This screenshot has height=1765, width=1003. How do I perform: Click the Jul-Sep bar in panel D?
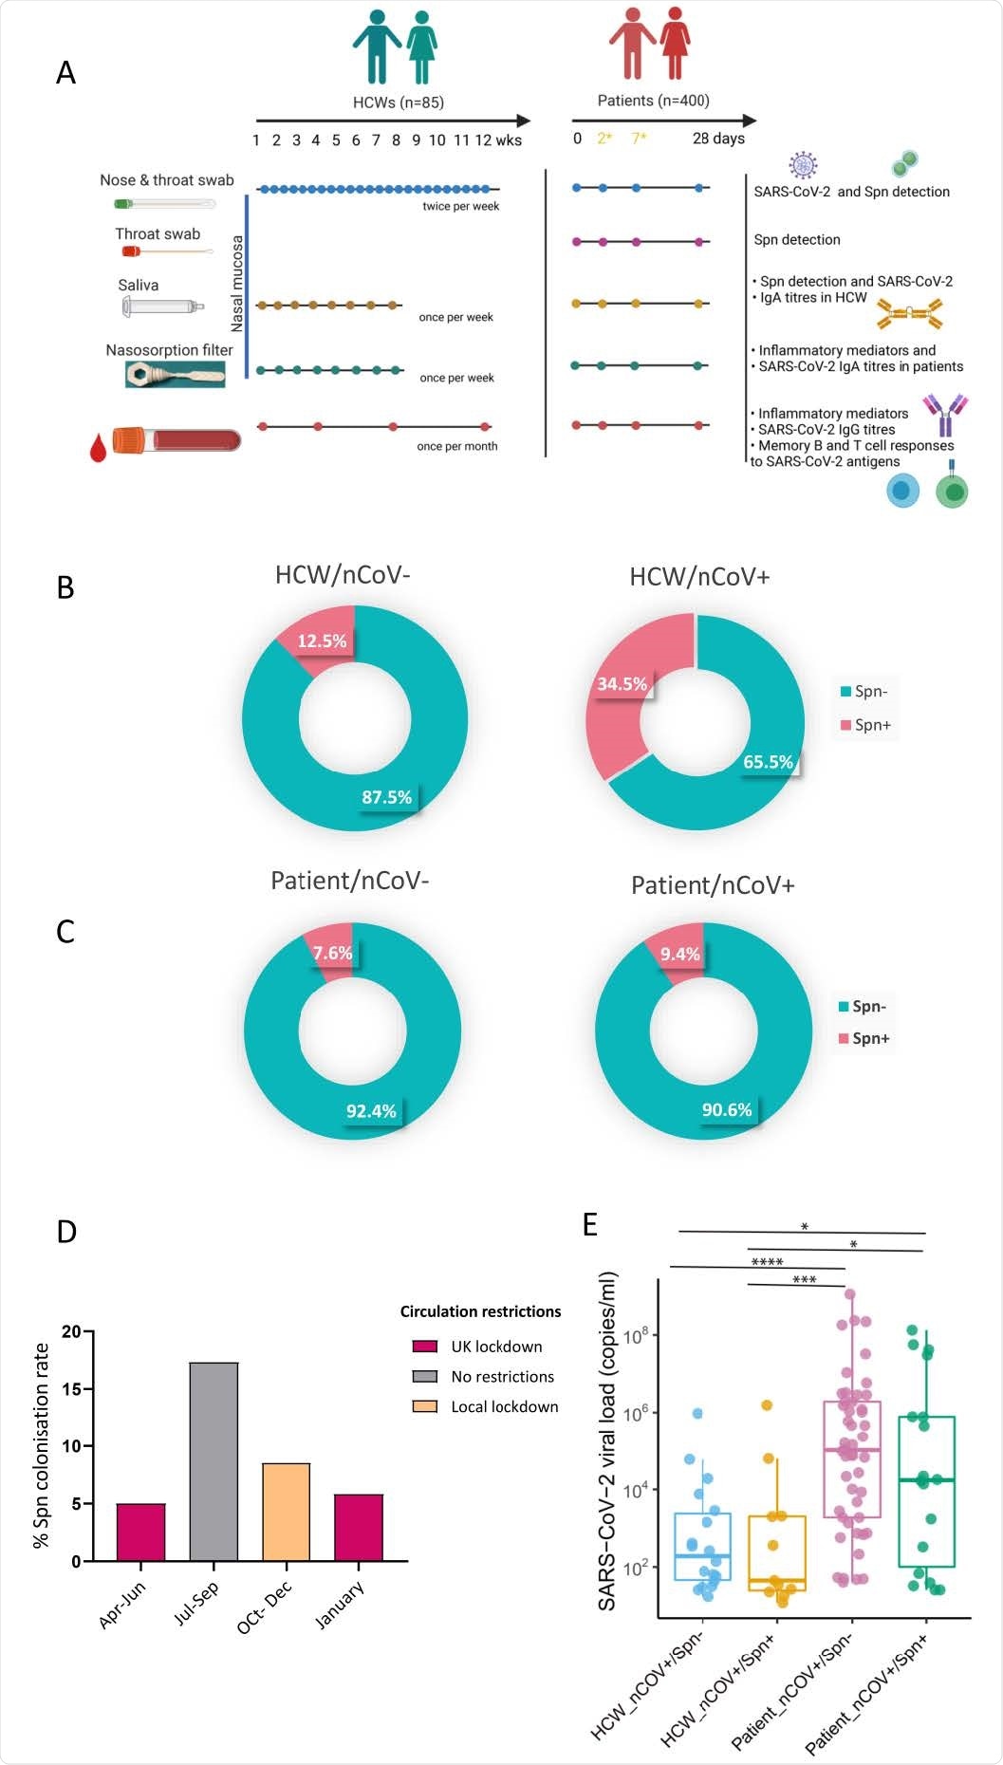pyautogui.click(x=214, y=1461)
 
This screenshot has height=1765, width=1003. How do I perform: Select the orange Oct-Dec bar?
pyautogui.click(x=286, y=1512)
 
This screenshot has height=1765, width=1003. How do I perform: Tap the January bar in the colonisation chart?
pyautogui.click(x=359, y=1528)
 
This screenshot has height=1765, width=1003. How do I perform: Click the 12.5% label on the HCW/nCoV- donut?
pyautogui.click(x=322, y=641)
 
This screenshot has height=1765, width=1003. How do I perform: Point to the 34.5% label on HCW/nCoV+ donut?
pyautogui.click(x=622, y=684)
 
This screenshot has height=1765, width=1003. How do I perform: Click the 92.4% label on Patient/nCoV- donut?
pyautogui.click(x=371, y=1110)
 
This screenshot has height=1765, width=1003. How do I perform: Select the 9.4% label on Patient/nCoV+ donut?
pyautogui.click(x=679, y=954)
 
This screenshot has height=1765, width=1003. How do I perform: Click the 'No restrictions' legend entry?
pyautogui.click(x=501, y=1377)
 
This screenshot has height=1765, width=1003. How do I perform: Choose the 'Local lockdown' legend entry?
pyautogui.click(x=503, y=1407)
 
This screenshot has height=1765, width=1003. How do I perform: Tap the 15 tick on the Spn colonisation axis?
pyautogui.click(x=72, y=1389)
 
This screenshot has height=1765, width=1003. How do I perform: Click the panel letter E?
pyautogui.click(x=589, y=1225)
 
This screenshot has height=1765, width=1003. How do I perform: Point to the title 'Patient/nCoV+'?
pyautogui.click(x=713, y=885)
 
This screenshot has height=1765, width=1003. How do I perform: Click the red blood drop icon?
pyautogui.click(x=98, y=448)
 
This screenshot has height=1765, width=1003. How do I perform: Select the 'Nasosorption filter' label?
pyautogui.click(x=169, y=350)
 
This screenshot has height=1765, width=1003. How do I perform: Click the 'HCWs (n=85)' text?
pyautogui.click(x=398, y=102)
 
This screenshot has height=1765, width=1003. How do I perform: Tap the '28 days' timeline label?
pyautogui.click(x=718, y=139)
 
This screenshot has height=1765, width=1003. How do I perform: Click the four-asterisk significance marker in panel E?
pyautogui.click(x=767, y=1262)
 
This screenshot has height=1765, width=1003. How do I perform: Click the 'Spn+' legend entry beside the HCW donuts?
pyautogui.click(x=871, y=725)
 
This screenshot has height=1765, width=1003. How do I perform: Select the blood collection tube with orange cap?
pyautogui.click(x=176, y=440)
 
